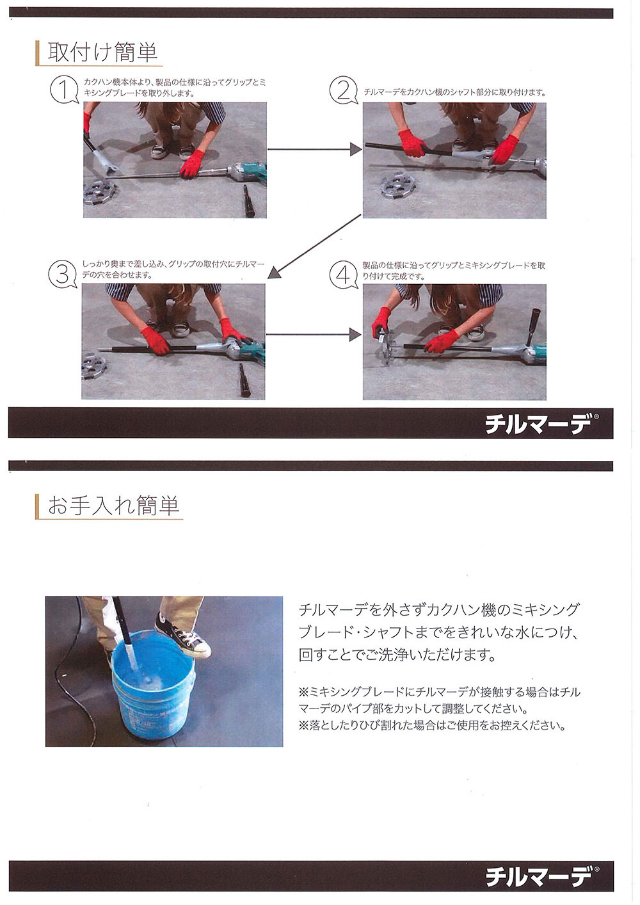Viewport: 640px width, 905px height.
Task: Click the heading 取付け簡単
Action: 102,52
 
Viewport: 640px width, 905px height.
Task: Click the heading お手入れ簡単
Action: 113,506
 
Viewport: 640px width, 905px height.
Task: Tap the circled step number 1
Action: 64,90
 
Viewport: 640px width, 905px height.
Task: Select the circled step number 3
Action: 62,274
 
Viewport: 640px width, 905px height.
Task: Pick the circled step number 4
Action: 344,275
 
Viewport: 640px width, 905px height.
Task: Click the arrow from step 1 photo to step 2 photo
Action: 315,150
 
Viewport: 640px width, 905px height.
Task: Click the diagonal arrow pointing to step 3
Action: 314,246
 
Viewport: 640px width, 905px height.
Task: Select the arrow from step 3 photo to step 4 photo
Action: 314,335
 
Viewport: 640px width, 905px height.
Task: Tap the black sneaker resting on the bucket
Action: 182,635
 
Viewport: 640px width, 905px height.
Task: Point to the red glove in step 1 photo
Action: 193,164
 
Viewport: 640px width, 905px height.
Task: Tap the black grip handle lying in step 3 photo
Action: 244,380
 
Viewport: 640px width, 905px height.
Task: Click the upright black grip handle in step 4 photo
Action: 533,325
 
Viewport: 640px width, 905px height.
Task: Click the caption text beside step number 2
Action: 454,93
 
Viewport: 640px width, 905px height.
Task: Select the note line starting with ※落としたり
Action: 431,726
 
